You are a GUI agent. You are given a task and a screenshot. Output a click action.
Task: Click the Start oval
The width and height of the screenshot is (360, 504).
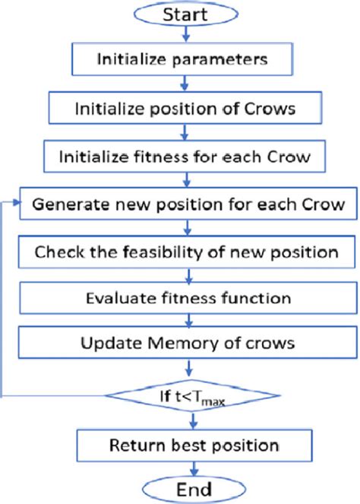tap(181, 16)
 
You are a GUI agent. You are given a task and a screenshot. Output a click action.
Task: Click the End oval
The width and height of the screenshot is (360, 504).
tap(181, 487)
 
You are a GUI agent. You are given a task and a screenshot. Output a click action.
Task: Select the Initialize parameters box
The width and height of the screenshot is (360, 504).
tap(179, 59)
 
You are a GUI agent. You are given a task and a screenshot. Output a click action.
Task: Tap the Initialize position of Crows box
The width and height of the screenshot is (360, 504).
tap(181, 107)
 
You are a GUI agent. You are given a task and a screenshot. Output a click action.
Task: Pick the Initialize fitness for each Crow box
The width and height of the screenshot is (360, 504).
tap(181, 157)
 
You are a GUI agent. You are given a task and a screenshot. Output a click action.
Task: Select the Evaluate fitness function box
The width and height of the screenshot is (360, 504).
tap(181, 297)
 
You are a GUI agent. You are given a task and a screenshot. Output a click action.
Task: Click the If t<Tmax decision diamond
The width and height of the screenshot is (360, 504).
tap(181, 394)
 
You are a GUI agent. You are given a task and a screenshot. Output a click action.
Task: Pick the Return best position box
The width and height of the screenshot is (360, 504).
tap(181, 444)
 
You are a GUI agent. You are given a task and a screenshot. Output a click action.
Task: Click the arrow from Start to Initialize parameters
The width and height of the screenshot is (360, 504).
tap(181, 36)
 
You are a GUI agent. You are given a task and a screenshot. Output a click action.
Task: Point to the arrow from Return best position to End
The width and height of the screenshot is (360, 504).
tap(181, 466)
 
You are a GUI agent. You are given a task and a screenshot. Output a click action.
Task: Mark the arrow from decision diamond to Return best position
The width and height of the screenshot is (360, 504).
tap(181, 420)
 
